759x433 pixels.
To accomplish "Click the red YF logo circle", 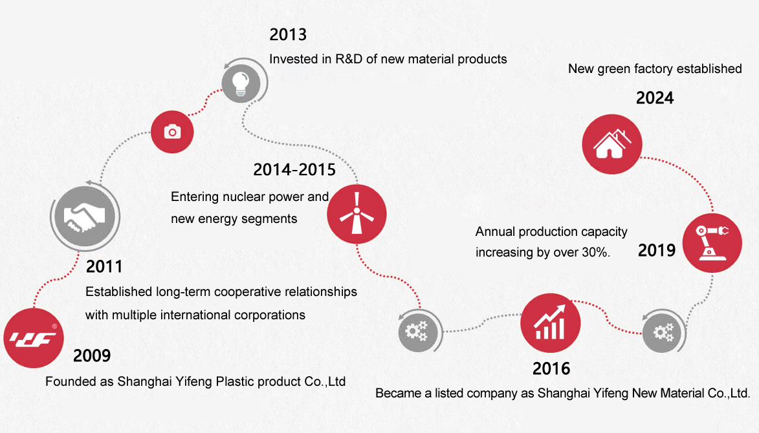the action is click(x=34, y=338).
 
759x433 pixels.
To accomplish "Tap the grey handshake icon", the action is click(x=85, y=216).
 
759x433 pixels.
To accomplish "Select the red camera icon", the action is click(x=172, y=132).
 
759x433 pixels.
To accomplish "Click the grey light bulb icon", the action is click(x=241, y=83).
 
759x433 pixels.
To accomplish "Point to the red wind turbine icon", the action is click(x=357, y=214).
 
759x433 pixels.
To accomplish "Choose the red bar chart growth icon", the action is click(x=551, y=323).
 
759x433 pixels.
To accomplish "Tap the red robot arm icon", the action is click(x=712, y=242).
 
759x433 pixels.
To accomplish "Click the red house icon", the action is click(x=612, y=144).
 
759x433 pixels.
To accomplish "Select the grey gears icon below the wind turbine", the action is click(x=418, y=332).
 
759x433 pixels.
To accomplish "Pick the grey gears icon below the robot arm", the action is click(x=662, y=332).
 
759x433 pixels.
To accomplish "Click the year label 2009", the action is click(x=92, y=355).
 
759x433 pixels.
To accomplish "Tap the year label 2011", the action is click(x=104, y=266).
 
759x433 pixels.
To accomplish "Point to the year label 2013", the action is click(x=288, y=34).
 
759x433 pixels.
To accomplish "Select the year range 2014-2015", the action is click(x=294, y=169).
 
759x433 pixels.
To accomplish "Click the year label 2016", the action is click(x=551, y=369).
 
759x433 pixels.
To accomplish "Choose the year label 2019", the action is click(x=656, y=250).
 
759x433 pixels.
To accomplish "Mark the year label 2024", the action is click(x=655, y=98).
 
